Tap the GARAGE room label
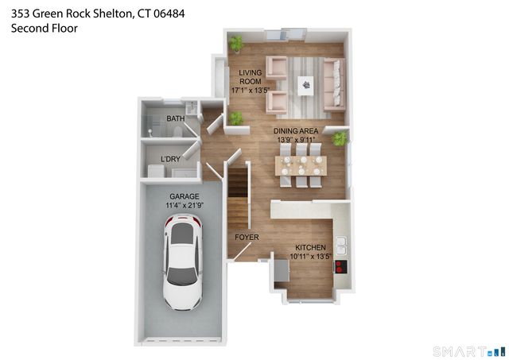(184, 196)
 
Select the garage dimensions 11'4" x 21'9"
(184, 205)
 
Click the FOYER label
(246, 237)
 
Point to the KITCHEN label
(310, 248)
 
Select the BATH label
(175, 119)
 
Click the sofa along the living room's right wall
(333, 83)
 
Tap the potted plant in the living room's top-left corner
(236, 44)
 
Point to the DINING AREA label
(295, 130)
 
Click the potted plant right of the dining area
(340, 139)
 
